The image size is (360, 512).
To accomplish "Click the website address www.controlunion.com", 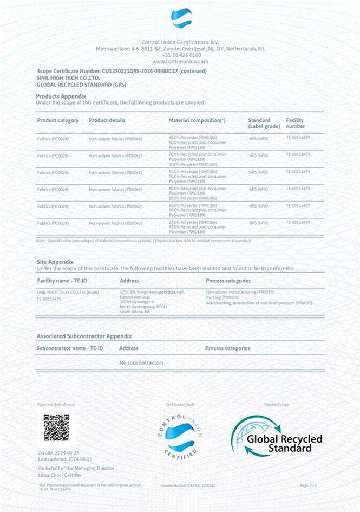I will point(180,61).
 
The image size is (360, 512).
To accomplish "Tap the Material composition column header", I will point(197,120).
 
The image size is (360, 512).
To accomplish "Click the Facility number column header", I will point(296,123).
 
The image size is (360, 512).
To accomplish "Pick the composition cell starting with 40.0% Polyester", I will point(197,142).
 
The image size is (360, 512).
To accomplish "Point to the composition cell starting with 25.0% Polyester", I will point(197,226).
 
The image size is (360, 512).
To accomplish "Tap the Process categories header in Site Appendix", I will point(228,281).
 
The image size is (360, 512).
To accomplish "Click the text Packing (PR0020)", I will point(222,297).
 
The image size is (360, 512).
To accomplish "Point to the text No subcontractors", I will point(141,362).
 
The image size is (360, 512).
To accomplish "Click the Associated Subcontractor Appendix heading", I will point(84,336).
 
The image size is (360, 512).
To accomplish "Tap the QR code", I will point(56,427).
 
